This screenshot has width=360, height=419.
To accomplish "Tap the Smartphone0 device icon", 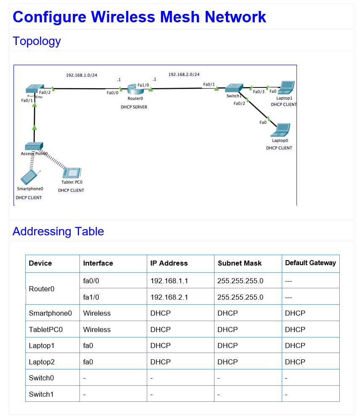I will click(x=29, y=177).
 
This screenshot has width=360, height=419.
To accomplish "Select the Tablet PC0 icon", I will click(x=72, y=173).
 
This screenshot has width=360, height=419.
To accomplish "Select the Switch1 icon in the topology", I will click(x=234, y=88).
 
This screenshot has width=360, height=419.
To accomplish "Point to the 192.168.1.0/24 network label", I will click(x=82, y=75).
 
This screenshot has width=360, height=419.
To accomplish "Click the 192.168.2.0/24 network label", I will click(x=184, y=74).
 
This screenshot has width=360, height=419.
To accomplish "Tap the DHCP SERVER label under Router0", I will click(x=134, y=107).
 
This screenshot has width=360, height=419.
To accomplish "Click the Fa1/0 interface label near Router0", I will click(x=143, y=85).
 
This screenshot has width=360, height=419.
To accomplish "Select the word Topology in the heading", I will click(x=37, y=41).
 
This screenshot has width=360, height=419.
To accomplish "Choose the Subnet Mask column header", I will click(x=239, y=264).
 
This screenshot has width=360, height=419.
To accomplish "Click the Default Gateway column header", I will click(x=310, y=263).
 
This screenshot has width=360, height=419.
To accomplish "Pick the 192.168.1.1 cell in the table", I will click(x=169, y=281).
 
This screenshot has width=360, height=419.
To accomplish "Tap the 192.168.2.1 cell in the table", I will click(x=169, y=297).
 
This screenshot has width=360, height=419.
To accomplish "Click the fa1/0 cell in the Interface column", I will click(x=91, y=297).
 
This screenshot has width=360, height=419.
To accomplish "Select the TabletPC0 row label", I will click(x=45, y=329).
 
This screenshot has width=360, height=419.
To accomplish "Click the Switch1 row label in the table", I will click(x=41, y=394).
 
